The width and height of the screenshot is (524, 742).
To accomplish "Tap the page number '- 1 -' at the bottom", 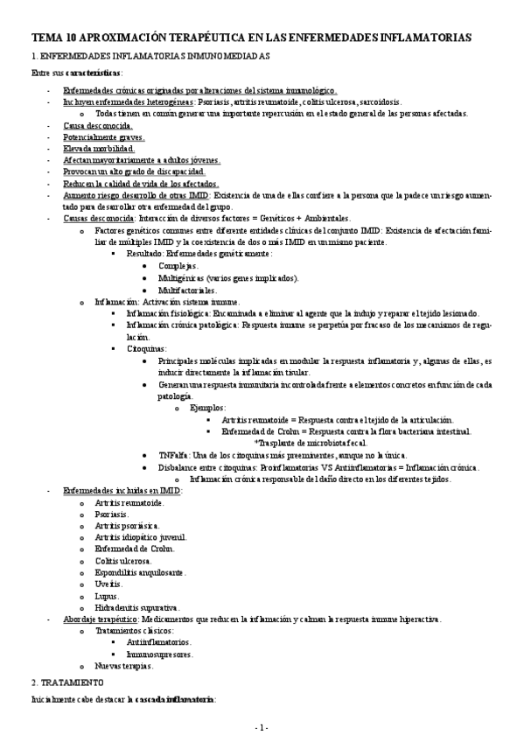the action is (262, 727).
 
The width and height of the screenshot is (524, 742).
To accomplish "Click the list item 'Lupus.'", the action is (108, 595).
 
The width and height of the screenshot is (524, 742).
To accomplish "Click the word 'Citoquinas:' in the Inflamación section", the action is (147, 348).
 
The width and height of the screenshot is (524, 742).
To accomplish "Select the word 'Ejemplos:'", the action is (206, 408).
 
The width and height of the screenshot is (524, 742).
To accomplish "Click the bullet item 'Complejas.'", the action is (178, 265).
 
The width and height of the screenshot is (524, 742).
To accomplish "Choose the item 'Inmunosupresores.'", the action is (160, 654).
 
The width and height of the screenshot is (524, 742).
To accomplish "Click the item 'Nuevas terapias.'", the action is (124, 666).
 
